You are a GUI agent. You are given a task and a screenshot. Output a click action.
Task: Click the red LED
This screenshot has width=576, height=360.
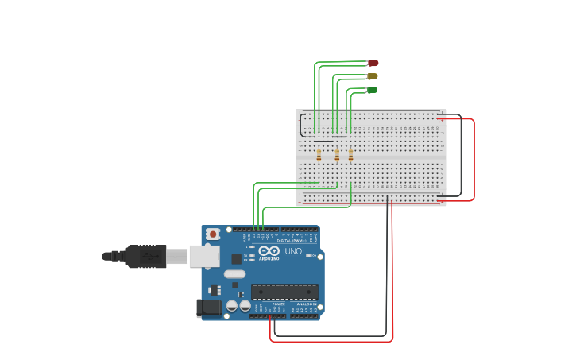coord(373,63)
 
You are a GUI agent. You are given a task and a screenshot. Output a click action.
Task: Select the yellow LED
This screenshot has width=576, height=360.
coord(372,76)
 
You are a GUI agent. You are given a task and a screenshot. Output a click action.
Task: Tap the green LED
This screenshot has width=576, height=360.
coord(372,90)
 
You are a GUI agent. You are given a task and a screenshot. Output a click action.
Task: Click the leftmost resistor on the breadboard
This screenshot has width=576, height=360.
coord(319,155)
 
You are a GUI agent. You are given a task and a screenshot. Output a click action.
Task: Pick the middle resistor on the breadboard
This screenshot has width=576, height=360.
coord(337,155)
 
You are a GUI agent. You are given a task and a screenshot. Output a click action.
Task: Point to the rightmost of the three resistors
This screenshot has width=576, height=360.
coord(350,155)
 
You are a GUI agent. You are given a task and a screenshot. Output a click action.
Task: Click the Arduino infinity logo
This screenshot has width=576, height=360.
coord(269,252)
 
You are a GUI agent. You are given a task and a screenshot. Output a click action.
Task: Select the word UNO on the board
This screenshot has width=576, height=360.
coord(293,252)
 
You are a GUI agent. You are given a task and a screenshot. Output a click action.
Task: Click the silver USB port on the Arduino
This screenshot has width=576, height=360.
coord(204,255)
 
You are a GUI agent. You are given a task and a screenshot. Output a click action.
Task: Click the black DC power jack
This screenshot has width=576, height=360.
coord(210,307)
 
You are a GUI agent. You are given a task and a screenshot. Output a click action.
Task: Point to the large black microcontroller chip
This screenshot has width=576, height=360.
coord(284,292)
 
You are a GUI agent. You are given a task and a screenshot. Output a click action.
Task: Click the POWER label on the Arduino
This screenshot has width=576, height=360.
coord(278,304)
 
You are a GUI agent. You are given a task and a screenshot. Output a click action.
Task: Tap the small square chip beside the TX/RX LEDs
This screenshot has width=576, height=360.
coord(236,258)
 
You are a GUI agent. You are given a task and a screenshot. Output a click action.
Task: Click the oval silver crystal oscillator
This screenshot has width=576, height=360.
coord(234,274)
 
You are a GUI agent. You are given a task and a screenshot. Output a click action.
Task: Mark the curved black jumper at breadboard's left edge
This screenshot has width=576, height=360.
coord(301,126)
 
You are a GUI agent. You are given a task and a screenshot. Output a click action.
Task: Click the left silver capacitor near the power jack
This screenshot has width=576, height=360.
coord(232,306)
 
